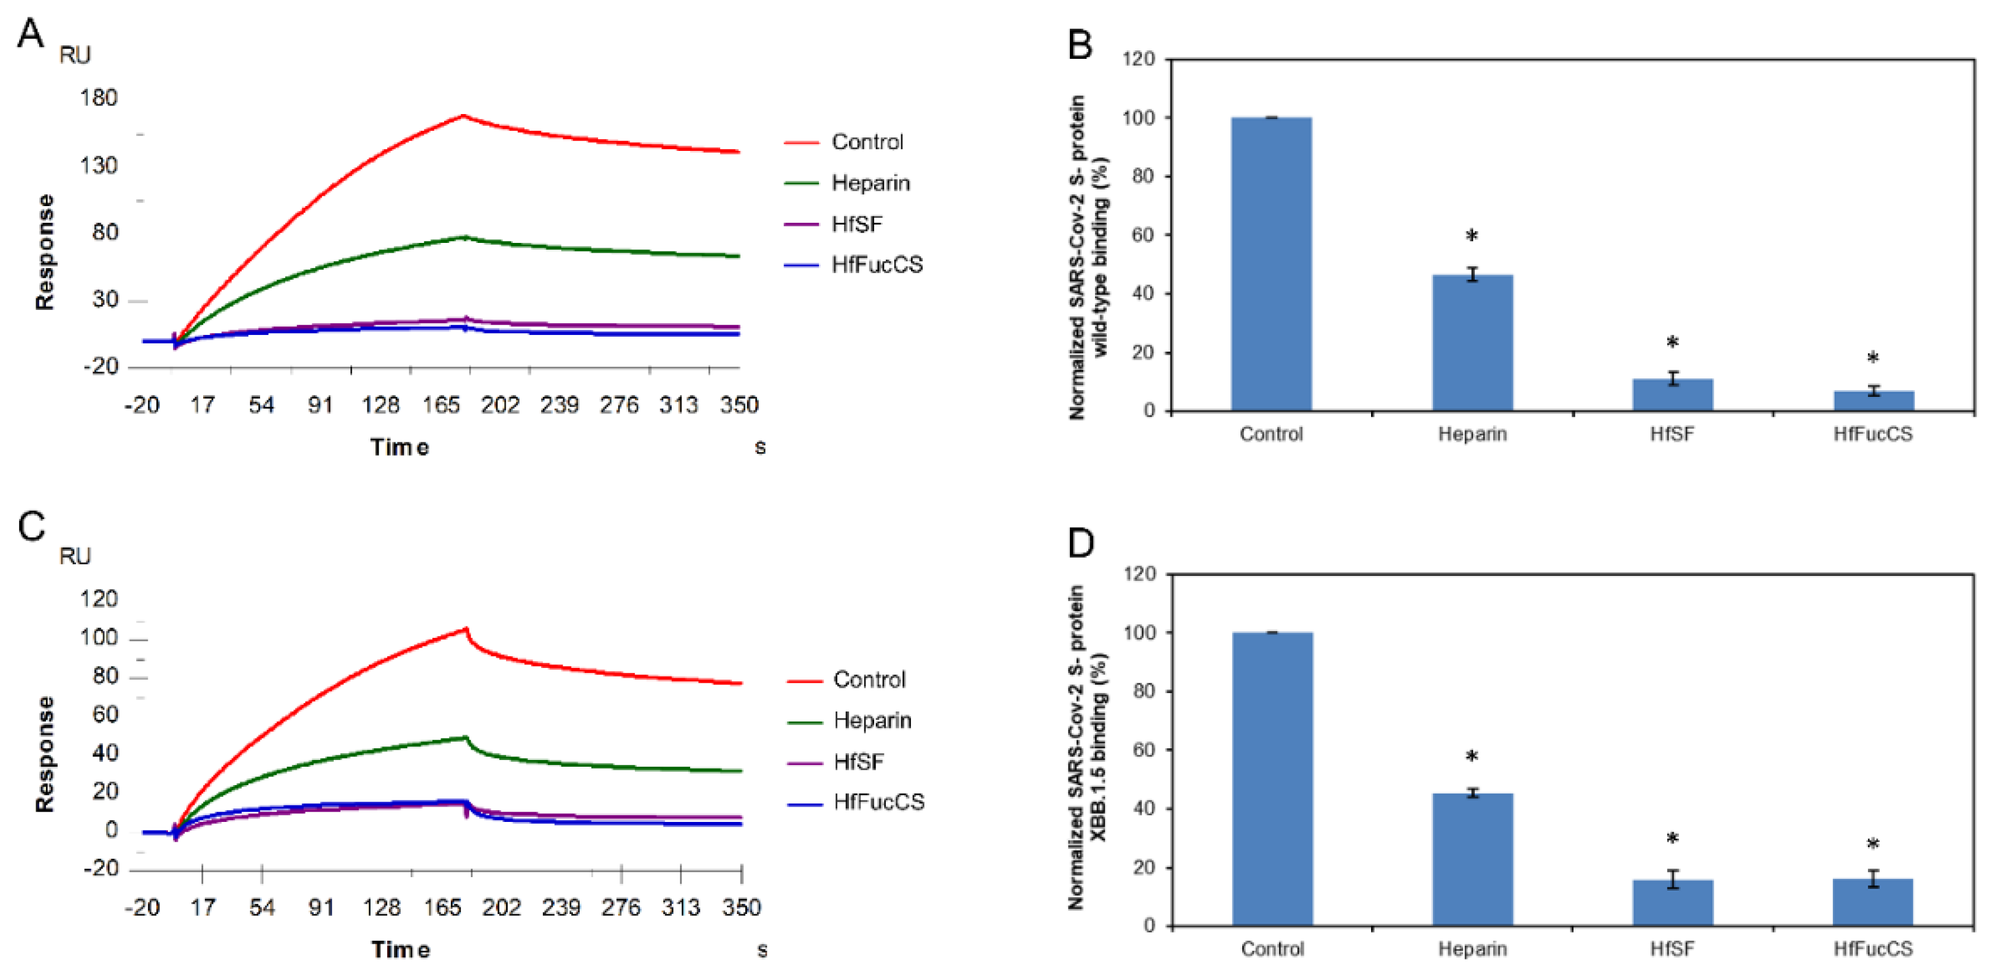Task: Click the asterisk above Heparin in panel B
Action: pos(1472,236)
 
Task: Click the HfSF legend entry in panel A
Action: pos(856,224)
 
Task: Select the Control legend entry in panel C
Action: pos(868,680)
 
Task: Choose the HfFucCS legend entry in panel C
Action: pos(878,802)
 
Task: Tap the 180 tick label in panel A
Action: pos(99,98)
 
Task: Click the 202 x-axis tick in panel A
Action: pos(500,405)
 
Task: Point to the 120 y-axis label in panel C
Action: pos(99,599)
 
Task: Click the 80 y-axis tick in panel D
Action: pos(1143,691)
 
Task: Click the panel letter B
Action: pos(1080,44)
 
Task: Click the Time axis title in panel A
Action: pos(399,447)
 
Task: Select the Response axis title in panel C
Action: pos(45,754)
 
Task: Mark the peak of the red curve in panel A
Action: pos(463,116)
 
